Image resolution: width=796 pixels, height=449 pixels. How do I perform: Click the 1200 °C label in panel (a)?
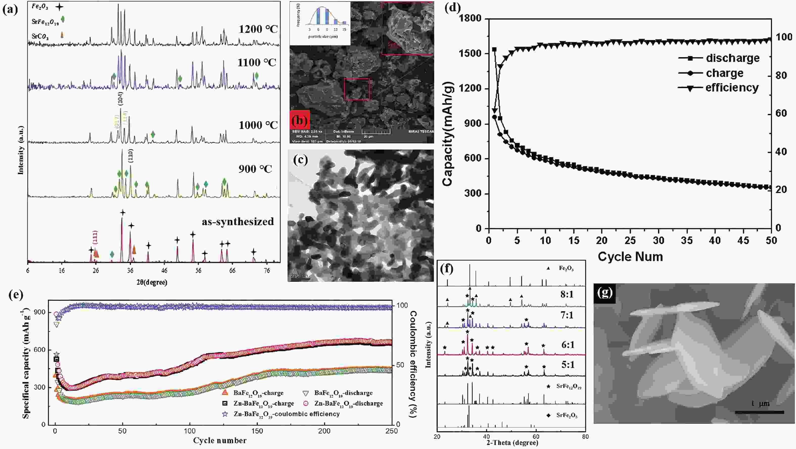258,29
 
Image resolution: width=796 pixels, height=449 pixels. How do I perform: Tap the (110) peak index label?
131,156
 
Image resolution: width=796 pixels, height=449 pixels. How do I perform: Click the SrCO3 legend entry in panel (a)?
40,36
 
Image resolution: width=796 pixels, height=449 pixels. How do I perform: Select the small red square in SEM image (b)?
357,89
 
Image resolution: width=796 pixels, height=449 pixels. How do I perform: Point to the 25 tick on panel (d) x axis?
630,240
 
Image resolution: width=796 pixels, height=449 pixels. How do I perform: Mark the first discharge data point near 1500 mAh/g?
494,49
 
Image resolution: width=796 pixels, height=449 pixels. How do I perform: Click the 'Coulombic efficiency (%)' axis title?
413,364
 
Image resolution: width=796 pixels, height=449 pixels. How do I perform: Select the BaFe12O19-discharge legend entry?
343,393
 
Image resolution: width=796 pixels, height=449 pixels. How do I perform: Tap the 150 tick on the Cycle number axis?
257,431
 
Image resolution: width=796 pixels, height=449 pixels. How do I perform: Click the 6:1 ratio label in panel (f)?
568,345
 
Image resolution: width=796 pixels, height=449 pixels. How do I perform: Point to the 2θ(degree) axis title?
152,282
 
